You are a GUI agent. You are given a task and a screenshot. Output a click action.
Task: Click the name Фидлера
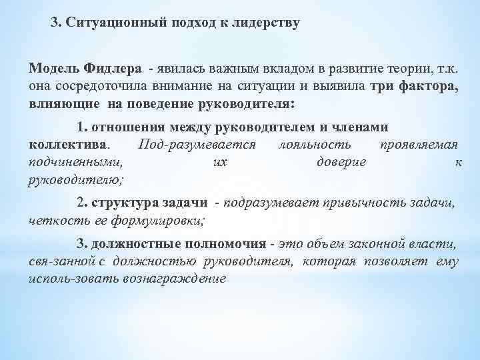pyautogui.click(x=113, y=69)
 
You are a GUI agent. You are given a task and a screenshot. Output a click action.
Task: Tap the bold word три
pyautogui.click(x=383, y=87)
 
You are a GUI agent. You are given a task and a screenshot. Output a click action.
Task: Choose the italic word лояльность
pyautogui.click(x=307, y=145)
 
